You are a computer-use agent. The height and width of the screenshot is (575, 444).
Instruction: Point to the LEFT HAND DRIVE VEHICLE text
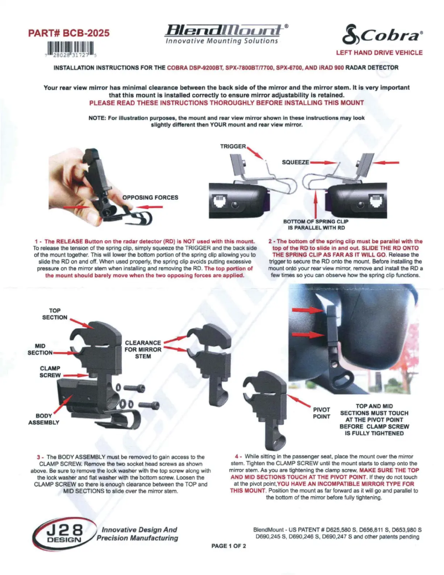pyautogui.click(x=379, y=53)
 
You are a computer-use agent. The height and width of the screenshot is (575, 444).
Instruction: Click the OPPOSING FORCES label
pyautogui.click(x=151, y=197)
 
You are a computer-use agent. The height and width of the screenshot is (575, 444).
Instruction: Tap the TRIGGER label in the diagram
pyautogui.click(x=233, y=146)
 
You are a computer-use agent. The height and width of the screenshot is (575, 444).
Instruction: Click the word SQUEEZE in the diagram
pyautogui.click(x=295, y=162)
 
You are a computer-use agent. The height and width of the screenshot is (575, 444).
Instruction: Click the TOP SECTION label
pyautogui.click(x=55, y=313)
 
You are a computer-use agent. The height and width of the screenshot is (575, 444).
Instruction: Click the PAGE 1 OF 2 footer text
pyautogui.click(x=229, y=546)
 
